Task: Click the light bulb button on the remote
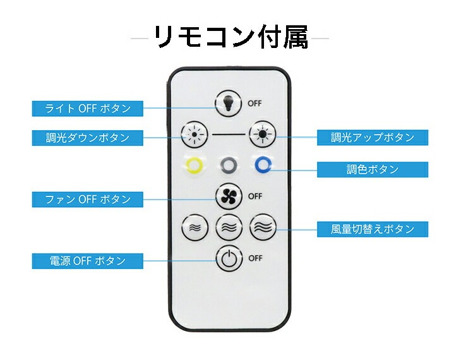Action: tap(228, 104)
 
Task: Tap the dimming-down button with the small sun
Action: tap(195, 135)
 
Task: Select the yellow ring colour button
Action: tap(195, 165)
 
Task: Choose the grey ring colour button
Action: tap(229, 165)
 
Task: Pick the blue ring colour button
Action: tap(263, 165)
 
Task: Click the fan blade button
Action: tap(229, 196)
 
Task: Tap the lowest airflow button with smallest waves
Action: tap(195, 227)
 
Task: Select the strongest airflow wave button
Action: tap(263, 227)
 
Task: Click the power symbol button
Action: tap(229, 258)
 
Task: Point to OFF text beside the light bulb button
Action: tap(254, 104)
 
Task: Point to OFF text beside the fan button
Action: tap(255, 196)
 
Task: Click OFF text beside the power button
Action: tap(255, 258)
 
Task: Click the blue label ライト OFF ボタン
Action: tap(88, 109)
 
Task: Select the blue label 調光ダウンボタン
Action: tap(88, 138)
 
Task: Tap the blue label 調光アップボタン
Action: tap(373, 137)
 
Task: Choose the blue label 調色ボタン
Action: tap(373, 169)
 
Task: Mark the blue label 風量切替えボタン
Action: tap(373, 229)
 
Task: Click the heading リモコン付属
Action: tap(230, 37)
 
